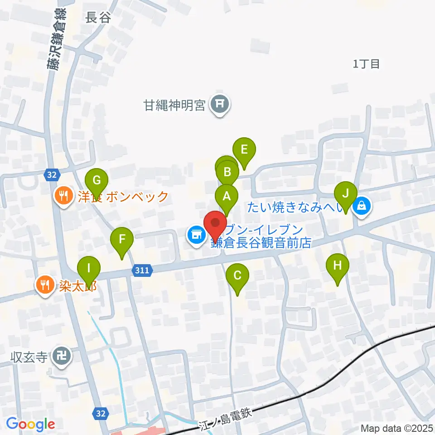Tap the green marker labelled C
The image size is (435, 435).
click(x=237, y=275)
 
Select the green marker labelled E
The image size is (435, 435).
click(x=244, y=150)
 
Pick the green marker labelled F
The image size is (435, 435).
click(x=122, y=239)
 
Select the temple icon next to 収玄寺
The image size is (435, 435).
click(x=61, y=356)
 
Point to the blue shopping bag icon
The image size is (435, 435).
click(x=362, y=206)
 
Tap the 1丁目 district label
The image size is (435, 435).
click(x=367, y=64)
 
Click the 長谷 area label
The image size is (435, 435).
click(x=98, y=18)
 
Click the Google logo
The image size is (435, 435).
click(x=30, y=424)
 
